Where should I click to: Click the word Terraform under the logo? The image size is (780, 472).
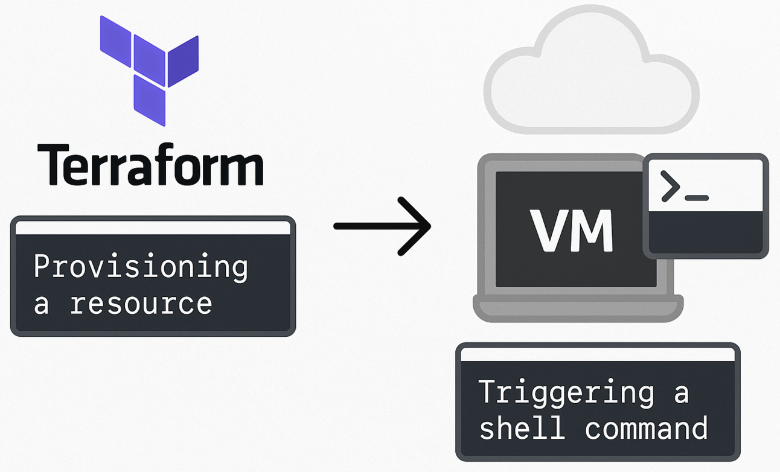pyautogui.click(x=150, y=164)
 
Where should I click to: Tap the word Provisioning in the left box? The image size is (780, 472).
pyautogui.click(x=140, y=267)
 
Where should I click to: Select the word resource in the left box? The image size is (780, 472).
pyautogui.click(x=141, y=304)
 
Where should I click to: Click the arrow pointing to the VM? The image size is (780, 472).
pyautogui.click(x=382, y=226)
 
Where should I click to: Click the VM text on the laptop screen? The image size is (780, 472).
pyautogui.click(x=572, y=231)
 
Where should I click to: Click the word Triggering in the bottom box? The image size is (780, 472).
pyautogui.click(x=566, y=393)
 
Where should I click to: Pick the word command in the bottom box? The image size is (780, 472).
pyautogui.click(x=646, y=428)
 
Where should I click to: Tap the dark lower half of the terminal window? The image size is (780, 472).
pyautogui.click(x=705, y=232)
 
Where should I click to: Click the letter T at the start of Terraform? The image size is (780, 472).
pyautogui.click(x=52, y=164)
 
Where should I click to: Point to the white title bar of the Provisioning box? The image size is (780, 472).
pyautogui.click(x=153, y=228)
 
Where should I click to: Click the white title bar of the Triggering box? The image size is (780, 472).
pyautogui.click(x=598, y=355)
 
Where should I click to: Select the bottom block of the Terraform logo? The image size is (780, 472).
pyautogui.click(x=149, y=100)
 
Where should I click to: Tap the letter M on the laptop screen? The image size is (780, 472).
pyautogui.click(x=592, y=231)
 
